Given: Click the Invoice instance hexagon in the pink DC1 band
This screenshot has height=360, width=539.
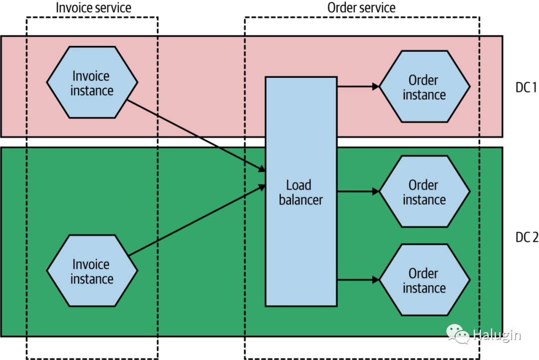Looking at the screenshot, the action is click(92, 82).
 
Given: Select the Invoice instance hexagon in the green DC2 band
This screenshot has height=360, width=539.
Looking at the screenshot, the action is click(92, 271).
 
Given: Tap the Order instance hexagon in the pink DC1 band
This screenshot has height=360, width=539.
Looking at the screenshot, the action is click(425, 87).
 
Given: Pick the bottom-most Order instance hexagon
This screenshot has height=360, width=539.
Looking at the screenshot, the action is click(425, 280).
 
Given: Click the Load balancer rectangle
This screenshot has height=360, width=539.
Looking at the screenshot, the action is click(301, 191).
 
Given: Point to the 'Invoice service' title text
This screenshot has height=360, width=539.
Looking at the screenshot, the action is click(93, 8).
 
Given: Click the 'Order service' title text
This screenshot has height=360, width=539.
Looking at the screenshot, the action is click(361, 8).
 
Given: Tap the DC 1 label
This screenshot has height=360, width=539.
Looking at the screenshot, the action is click(526, 88).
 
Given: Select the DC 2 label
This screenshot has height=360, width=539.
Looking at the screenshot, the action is click(527, 237).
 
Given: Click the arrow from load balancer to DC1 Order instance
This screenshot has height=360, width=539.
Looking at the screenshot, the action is click(358, 87).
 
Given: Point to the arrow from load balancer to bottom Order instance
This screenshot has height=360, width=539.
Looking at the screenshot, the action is click(358, 280).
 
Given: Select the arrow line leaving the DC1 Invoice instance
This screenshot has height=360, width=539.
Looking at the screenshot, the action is click(196, 135).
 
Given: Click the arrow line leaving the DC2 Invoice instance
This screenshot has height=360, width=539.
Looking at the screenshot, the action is click(197, 220).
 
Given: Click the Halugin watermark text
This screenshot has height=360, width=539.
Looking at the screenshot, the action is click(497, 335).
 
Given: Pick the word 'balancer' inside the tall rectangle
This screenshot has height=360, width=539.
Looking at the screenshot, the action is click(301, 200).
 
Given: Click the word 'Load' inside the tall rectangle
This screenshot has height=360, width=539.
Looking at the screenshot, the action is click(299, 185).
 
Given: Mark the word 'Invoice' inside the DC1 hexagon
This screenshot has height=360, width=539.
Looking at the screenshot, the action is click(91, 76).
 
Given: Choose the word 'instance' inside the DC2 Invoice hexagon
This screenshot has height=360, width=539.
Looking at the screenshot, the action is click(92, 279).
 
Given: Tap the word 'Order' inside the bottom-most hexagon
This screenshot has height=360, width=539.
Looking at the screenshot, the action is click(423, 273).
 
